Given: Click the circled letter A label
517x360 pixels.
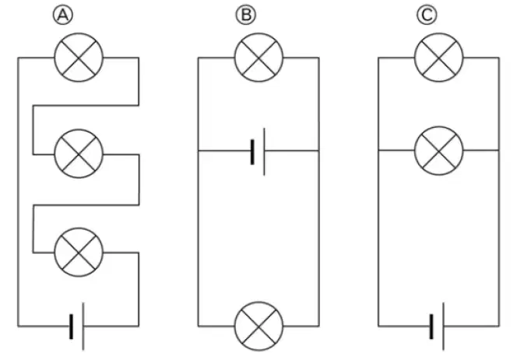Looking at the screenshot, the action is (62, 15).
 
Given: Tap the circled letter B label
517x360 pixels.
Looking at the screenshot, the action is (245, 15).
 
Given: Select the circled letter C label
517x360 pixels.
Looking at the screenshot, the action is (427, 15).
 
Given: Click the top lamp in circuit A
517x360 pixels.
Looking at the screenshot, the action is (79, 58).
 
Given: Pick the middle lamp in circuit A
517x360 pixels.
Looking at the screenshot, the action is (79, 154).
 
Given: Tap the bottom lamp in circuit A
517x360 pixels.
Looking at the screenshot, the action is (79, 252).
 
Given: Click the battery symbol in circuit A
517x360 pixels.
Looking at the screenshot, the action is (77, 326).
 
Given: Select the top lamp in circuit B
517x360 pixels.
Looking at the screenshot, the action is (258, 58).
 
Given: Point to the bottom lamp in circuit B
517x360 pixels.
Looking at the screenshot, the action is (258, 326).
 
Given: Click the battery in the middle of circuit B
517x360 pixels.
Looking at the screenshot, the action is (258, 152).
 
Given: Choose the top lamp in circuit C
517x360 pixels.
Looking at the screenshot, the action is (439, 58).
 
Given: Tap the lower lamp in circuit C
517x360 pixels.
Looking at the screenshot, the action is (439, 151).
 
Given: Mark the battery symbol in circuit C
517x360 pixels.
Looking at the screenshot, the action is (438, 326).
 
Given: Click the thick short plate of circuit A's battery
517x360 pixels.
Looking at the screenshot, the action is (71, 326).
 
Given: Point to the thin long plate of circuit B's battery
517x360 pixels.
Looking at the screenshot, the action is (264, 152).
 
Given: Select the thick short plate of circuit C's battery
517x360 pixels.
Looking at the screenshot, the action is (431, 326).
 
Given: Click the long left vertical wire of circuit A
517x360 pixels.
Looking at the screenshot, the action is (18, 192).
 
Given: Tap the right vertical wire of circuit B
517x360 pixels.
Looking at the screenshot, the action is (318, 192).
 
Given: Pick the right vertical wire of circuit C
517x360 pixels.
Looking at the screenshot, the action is (499, 192).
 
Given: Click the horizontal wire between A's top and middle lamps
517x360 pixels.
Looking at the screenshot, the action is (86, 106).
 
